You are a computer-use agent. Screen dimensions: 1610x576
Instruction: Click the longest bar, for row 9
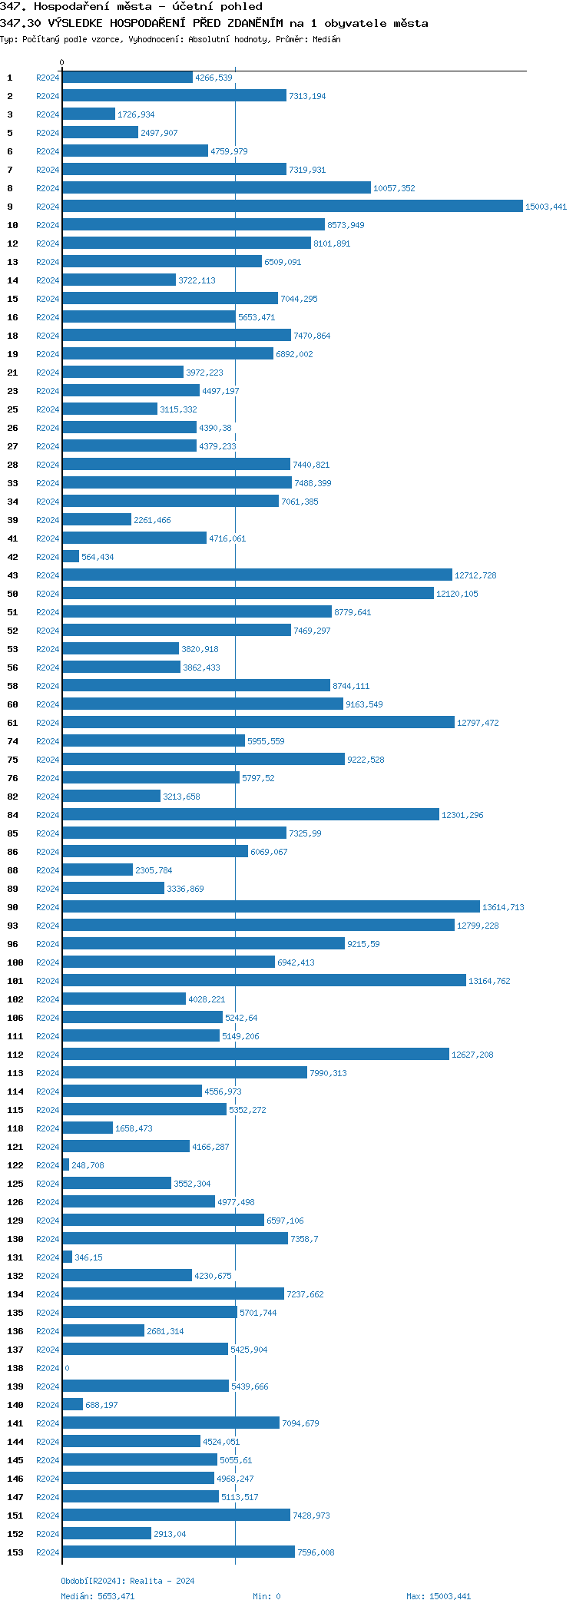[292, 207]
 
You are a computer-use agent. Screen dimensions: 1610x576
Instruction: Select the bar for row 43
[257, 575]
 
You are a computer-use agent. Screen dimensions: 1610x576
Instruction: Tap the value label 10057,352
[394, 188]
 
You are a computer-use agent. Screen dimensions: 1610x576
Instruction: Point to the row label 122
[15, 1165]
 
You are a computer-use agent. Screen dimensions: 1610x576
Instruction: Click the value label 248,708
[88, 1165]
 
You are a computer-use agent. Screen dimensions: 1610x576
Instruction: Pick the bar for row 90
[270, 907]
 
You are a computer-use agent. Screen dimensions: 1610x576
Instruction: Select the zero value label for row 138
[68, 1368]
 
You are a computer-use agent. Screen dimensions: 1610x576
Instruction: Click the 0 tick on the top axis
[62, 62]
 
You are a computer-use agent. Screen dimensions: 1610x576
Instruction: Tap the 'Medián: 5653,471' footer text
[98, 1596]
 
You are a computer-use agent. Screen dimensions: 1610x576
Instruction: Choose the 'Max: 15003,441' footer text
[439, 1596]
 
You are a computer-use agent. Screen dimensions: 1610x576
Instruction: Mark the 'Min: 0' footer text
[266, 1596]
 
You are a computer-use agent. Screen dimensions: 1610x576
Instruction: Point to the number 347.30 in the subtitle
[21, 23]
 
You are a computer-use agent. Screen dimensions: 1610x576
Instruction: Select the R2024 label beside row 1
[48, 78]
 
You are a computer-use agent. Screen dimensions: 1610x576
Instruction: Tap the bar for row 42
[71, 557]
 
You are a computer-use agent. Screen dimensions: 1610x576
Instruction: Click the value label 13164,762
[489, 981]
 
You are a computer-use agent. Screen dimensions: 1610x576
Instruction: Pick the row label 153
[15, 1552]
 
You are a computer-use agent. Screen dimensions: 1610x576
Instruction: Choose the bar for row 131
[68, 1257]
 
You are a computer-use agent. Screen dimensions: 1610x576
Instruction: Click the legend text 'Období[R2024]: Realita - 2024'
[127, 1581]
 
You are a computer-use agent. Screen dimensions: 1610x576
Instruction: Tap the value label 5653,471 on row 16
[257, 317]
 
